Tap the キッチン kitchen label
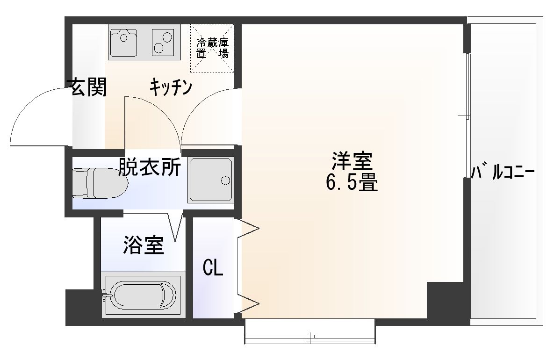pos(171,87)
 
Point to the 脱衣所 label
pos(149,167)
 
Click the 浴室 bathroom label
pos(144,245)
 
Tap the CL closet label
pos(213,268)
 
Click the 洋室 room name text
pos(351,162)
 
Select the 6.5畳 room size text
pos(351,183)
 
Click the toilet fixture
pos(100,183)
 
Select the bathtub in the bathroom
pos(141,295)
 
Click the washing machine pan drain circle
pos(225,180)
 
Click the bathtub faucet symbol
pos(106,295)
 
